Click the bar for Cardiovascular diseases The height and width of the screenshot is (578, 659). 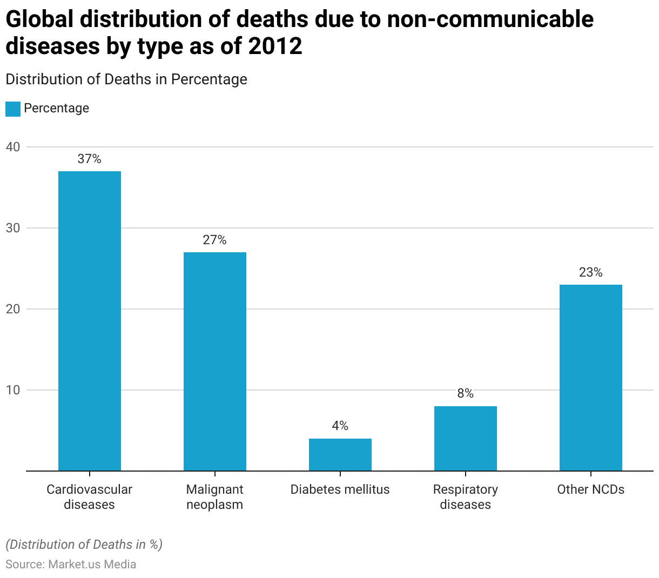coord(90,321)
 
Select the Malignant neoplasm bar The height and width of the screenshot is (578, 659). coord(215,361)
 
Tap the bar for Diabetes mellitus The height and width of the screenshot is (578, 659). coord(340,454)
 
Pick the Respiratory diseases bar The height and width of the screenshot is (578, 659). coord(466,438)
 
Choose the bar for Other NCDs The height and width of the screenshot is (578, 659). coord(591,378)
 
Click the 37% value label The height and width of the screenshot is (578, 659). coord(90,159)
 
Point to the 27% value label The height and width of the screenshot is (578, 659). coord(215,240)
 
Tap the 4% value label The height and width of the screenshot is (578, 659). coord(340,426)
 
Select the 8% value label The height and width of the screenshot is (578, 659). coord(466,394)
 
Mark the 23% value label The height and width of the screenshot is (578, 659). coord(591,272)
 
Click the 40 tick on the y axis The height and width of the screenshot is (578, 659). coord(13,147)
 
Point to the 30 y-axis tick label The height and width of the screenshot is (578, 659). coord(13,228)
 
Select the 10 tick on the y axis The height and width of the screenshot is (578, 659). coord(13,390)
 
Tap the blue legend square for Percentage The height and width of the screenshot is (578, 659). coord(12,109)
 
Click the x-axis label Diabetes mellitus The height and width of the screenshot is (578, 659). coord(340,489)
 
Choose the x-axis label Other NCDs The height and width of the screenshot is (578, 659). coord(591,489)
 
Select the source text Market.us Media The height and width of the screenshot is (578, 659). coord(92,564)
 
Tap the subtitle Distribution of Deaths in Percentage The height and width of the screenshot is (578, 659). coord(126,79)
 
